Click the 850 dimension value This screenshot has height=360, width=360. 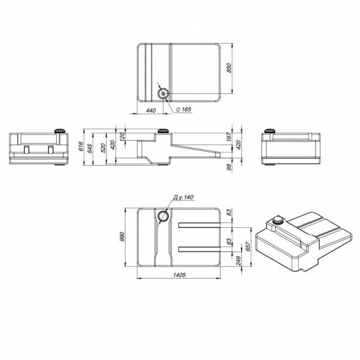click(229, 68)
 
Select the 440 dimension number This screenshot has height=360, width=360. click(150, 111)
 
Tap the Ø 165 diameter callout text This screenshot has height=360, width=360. click(183, 109)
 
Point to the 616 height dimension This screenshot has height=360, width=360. click(81, 146)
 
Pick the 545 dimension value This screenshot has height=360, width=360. click(89, 149)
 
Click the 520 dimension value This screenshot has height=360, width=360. click(103, 148)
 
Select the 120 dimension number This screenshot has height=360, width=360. click(122, 136)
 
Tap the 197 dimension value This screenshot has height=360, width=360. click(229, 137)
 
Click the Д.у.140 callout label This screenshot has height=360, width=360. click(183, 197)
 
